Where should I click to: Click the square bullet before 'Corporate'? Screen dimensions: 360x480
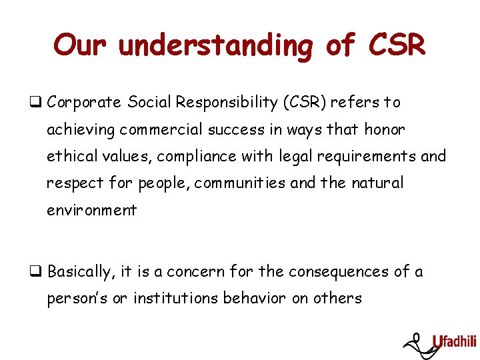point(40,103)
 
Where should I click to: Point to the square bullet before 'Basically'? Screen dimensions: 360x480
point(40,272)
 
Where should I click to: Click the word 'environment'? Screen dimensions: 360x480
point(91,211)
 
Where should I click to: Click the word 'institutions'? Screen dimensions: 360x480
point(175,299)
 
